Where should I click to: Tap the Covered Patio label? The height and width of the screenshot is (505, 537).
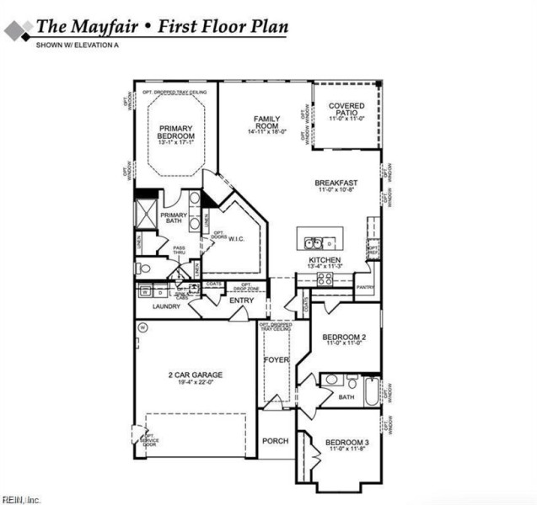pos(346,109)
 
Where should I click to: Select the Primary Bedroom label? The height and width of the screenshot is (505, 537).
pos(175,131)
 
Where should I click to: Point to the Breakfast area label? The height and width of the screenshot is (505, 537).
pos(336,183)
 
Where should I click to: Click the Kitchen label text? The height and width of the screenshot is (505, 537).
pos(324,261)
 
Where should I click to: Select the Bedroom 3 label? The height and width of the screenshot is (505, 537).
pos(347,442)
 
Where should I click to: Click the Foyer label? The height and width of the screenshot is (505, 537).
pos(276,360)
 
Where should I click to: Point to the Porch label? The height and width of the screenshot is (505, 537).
pos(275,441)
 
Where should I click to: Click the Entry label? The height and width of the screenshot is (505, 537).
pos(241,300)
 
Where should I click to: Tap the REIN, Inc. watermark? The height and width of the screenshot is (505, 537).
pos(21,499)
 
